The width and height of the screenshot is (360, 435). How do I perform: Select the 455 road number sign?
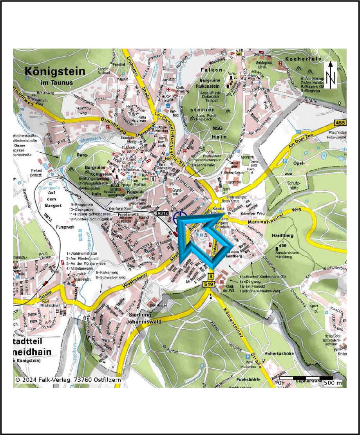[340, 122]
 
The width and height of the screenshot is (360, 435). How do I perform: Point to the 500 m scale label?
[333, 383]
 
